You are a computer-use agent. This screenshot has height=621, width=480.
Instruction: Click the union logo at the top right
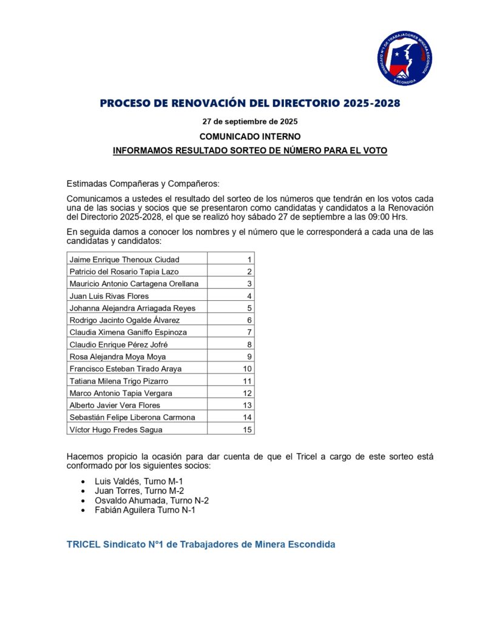tap(404, 58)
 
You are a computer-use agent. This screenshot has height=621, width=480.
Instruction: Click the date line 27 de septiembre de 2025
tap(249, 121)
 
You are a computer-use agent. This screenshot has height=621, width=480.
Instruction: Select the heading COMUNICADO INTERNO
tap(249, 136)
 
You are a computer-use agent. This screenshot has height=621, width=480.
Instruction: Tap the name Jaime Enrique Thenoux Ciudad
tap(124, 260)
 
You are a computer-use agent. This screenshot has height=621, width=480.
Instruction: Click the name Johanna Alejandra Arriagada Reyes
tap(133, 308)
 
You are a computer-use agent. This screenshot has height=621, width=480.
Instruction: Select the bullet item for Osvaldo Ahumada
tap(152, 500)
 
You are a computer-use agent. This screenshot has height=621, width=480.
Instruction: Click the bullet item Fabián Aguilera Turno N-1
tap(145, 510)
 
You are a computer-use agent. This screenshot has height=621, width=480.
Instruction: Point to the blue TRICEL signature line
tap(201, 544)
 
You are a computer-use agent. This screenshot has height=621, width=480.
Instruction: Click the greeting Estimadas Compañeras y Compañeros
tap(143, 184)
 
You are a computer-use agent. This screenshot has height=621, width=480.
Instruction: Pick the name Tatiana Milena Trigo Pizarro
tap(119, 381)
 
